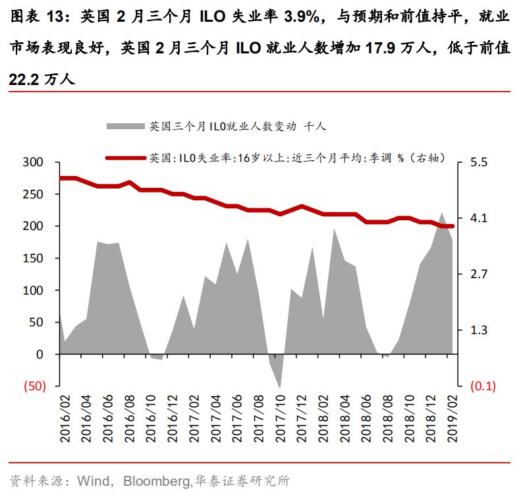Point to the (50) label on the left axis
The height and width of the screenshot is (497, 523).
(34, 387)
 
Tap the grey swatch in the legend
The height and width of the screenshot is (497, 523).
(124, 126)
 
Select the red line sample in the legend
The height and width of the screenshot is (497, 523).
(124, 158)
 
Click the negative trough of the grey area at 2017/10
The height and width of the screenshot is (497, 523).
(280, 386)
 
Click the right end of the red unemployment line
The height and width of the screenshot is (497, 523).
(452, 226)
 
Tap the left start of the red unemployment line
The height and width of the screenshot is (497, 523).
(61, 178)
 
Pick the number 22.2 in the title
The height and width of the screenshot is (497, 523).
(24, 79)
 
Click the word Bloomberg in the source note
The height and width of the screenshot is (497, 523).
(157, 481)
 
